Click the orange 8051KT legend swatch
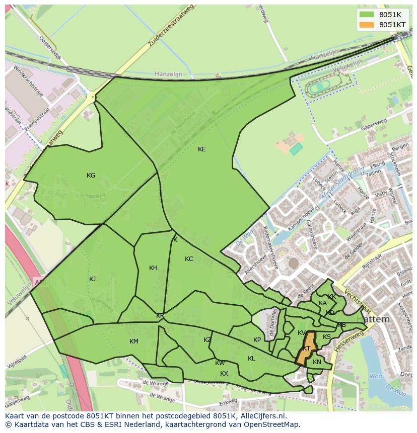click(367, 25)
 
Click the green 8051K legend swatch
click(367, 15)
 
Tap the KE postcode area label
click(201, 149)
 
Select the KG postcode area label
click(91, 176)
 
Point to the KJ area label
click(92, 279)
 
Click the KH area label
click(153, 268)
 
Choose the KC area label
click(189, 259)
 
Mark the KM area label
click(133, 341)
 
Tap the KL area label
click(251, 359)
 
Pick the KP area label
click(257, 340)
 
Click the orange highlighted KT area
click(306, 348)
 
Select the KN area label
click(317, 362)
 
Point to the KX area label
click(224, 374)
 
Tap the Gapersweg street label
click(373, 125)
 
